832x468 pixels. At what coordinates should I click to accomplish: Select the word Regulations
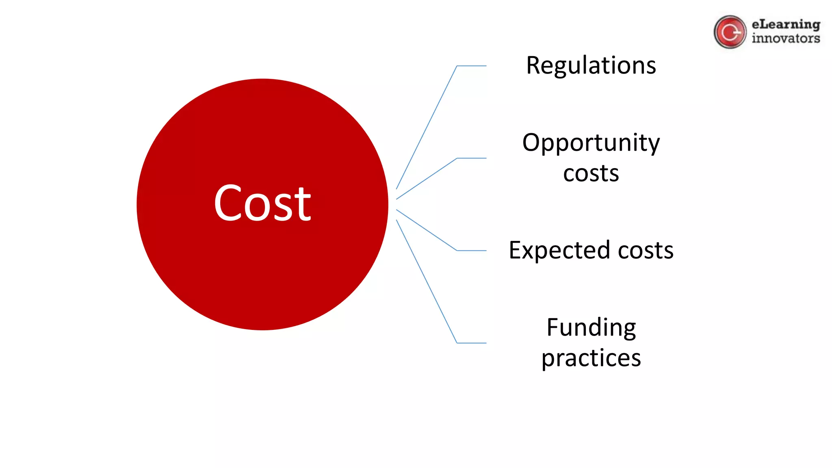coord(591,65)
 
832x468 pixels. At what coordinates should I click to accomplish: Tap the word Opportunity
coord(591,143)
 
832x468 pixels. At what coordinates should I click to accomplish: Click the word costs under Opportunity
coord(591,173)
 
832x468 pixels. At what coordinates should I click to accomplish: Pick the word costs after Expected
coord(645,250)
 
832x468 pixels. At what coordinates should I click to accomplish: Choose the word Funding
coord(591,327)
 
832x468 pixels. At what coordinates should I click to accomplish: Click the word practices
coord(591,358)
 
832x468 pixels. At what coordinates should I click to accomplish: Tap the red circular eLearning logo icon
coord(730,32)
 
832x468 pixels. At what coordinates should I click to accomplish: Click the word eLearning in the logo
coord(786,24)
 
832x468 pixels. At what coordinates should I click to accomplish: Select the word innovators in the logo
coord(786,39)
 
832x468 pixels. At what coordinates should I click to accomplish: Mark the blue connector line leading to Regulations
coord(427,127)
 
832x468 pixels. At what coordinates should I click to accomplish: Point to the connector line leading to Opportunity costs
coord(427,179)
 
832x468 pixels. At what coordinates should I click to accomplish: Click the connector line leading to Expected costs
coord(427,230)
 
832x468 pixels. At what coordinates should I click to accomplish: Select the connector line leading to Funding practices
coord(427,281)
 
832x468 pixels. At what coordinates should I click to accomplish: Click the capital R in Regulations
coord(534,65)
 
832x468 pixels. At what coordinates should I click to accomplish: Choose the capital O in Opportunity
coord(532,143)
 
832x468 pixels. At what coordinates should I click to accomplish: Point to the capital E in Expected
coord(516,250)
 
